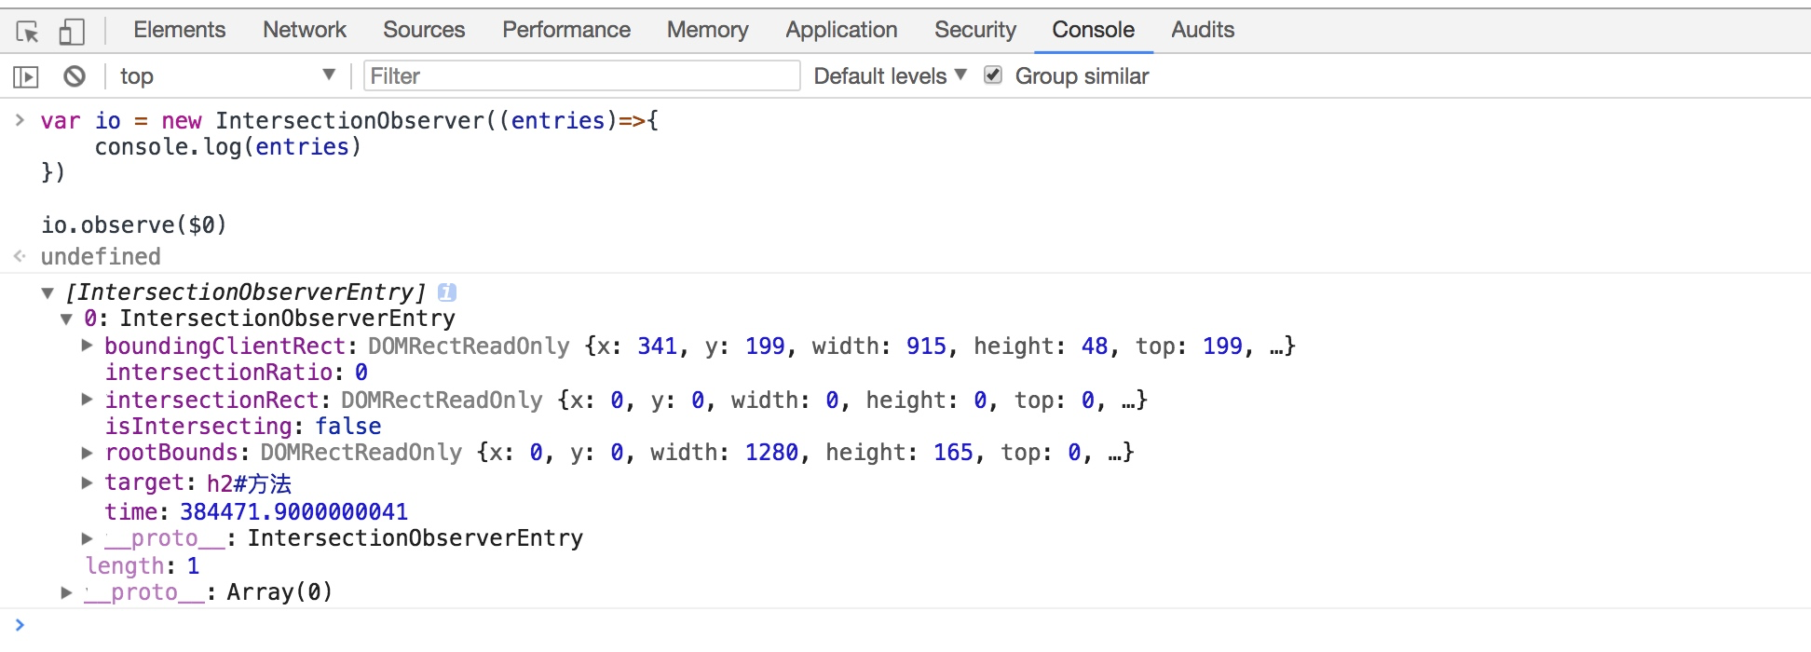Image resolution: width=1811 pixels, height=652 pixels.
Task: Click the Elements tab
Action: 179,30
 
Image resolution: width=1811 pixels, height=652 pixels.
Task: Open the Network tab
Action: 304,30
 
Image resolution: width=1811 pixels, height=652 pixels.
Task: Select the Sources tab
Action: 424,30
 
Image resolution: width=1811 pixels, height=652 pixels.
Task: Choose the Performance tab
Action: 565,30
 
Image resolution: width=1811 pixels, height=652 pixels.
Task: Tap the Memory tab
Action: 707,30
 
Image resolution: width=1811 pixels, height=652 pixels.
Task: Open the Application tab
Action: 841,30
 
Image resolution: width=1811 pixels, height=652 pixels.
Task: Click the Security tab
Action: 974,30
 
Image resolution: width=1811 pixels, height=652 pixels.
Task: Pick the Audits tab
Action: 1202,30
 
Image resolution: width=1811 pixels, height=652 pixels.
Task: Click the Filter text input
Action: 581,76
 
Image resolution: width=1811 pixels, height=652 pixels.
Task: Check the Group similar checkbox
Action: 993,75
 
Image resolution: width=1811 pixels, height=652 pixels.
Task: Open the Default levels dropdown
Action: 890,76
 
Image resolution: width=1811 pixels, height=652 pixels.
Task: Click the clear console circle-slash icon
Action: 75,76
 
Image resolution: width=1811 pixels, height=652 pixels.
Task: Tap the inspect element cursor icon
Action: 27,32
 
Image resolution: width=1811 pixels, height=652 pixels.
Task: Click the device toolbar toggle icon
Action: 72,32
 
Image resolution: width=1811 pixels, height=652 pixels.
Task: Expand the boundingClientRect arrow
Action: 87,346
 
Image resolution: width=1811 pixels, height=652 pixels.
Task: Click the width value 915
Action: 926,346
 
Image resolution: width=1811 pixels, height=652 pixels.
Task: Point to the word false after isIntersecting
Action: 347,427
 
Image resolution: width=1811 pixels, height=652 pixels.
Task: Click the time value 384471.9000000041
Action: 293,512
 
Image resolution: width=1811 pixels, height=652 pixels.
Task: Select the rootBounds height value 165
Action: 953,453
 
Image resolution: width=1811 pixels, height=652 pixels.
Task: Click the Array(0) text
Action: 279,592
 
